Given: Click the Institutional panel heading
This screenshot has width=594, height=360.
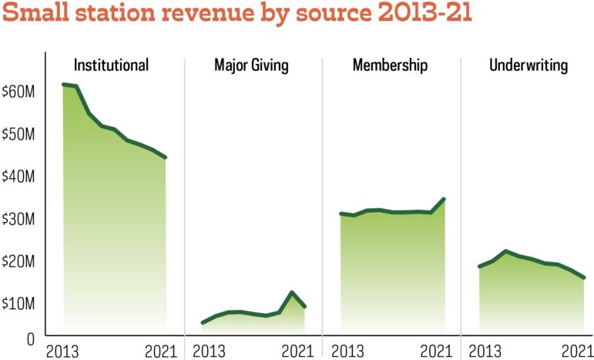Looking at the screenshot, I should [111, 65].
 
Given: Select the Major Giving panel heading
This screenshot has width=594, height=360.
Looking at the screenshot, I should [251, 65].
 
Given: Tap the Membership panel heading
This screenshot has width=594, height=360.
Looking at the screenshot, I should [390, 65].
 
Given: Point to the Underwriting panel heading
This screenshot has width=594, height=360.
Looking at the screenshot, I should [529, 65].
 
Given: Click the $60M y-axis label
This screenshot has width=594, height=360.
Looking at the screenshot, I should [18, 91].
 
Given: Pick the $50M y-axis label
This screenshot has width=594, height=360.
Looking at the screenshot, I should [18, 133].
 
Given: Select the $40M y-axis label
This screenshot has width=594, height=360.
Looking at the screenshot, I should [18, 176].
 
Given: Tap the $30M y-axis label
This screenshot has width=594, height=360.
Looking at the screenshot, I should [18, 218].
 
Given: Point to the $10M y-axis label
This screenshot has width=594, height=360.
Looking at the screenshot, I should [18, 303].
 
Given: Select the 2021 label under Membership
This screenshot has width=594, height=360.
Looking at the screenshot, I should [437, 352].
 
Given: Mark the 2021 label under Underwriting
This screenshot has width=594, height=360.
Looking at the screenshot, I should [576, 352].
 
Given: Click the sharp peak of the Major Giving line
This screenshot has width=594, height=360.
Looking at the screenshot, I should [292, 292].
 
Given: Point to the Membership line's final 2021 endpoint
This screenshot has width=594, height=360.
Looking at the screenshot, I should [445, 199].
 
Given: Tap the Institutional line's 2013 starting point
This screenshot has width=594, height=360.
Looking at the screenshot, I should [63, 84].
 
